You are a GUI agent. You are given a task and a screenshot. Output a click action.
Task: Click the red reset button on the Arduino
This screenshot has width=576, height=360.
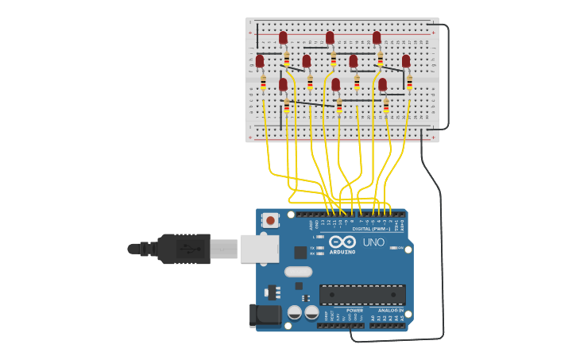point(271,220)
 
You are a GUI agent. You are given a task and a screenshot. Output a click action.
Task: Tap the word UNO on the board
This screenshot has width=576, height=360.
point(373,242)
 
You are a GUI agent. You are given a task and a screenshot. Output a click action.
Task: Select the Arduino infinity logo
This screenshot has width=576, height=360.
point(342,242)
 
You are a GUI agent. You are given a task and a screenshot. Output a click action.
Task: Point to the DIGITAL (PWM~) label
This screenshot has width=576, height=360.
point(371,229)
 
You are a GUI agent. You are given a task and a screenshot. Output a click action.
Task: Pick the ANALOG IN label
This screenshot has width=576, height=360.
point(385,310)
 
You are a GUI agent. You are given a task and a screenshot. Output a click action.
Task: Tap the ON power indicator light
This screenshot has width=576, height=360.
point(393,248)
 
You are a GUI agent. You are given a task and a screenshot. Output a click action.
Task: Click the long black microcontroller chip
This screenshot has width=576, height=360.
point(362,294)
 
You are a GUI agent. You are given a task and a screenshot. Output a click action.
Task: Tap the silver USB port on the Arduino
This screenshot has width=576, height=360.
point(259,249)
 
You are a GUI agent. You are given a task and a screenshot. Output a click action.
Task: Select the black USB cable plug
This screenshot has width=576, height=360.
point(183,249)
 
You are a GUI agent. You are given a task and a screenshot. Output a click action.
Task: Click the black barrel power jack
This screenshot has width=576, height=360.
point(265,315)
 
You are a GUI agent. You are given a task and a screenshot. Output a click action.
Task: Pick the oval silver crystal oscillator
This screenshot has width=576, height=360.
point(298,272)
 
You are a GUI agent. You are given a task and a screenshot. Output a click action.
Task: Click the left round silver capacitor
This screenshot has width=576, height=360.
point(294,312)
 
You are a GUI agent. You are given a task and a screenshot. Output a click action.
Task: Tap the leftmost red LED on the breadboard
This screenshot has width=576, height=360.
point(260,61)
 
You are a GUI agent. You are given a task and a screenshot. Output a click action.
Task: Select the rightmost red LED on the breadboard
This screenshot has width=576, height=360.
point(406,61)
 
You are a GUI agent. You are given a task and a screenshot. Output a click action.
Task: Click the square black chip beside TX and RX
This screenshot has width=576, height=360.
point(300,253)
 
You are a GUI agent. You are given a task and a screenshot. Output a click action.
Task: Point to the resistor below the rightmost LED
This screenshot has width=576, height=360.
point(409,82)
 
